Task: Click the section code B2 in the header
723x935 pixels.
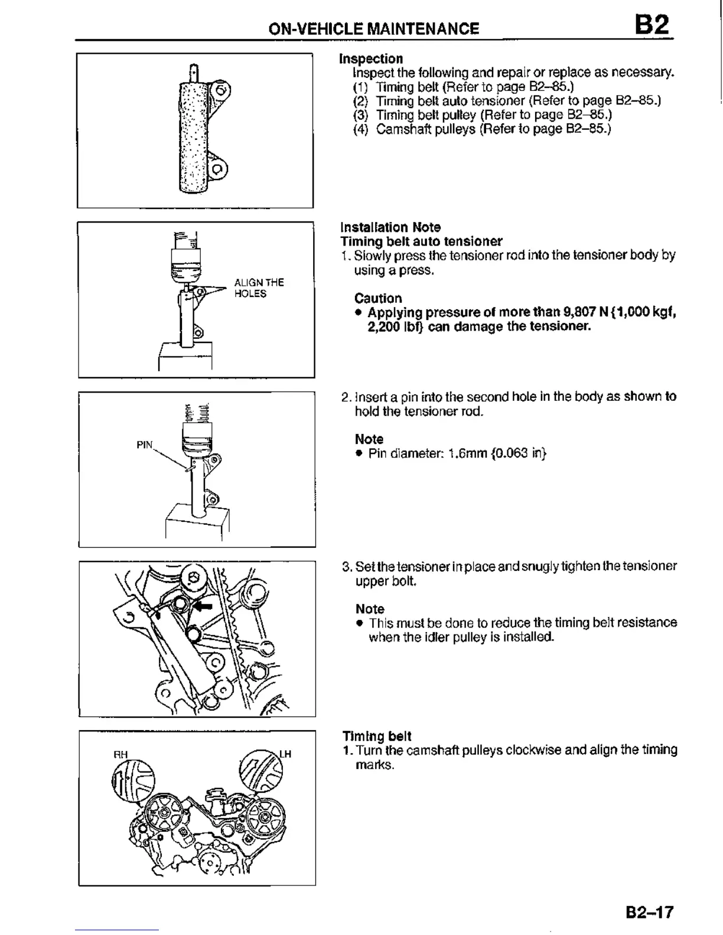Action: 653,25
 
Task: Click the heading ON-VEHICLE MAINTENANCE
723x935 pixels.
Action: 373,28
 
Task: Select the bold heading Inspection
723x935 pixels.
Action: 371,58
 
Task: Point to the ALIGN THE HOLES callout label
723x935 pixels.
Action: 259,288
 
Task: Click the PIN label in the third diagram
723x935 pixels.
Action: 145,445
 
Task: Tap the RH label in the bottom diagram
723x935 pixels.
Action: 120,754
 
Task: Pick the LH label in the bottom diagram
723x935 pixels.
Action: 285,754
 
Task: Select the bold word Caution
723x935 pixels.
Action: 378,298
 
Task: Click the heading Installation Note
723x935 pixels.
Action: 390,227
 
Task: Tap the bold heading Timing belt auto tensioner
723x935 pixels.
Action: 421,241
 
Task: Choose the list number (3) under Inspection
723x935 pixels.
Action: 360,115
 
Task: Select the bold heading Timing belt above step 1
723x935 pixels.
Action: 377,736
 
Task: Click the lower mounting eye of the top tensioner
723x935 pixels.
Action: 217,170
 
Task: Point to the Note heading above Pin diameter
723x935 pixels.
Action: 369,439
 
